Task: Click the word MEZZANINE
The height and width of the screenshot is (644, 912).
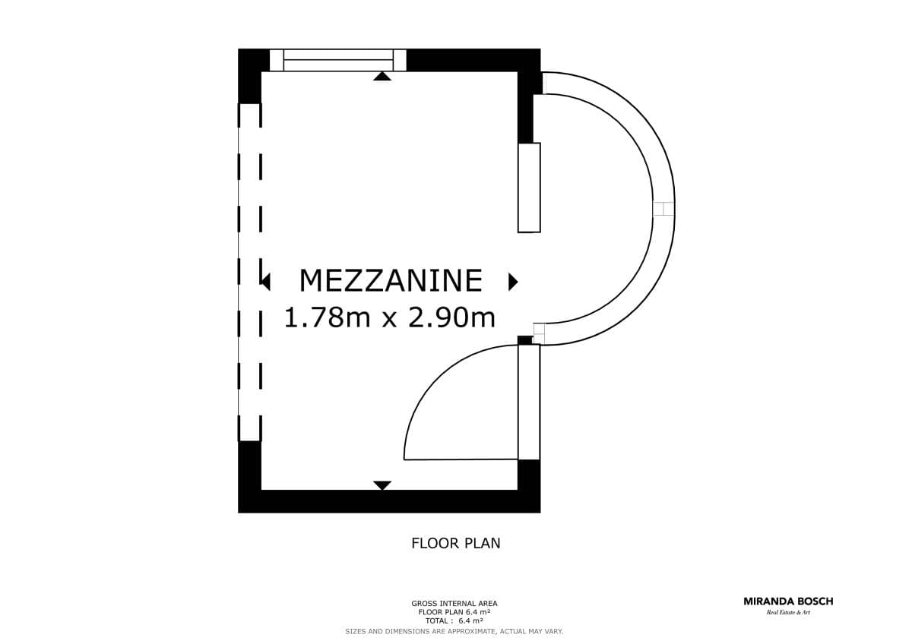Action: click(x=391, y=280)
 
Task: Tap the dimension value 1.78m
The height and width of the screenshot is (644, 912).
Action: click(x=327, y=317)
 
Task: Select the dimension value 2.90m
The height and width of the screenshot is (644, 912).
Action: click(x=452, y=317)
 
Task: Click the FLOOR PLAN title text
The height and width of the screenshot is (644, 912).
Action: click(x=455, y=543)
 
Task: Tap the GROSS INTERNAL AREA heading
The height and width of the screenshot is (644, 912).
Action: click(x=454, y=603)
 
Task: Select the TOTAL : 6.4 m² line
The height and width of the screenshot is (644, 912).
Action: click(x=454, y=620)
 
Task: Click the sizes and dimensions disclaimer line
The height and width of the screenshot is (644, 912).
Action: click(x=454, y=631)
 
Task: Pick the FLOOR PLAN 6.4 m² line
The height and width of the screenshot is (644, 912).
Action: click(x=454, y=612)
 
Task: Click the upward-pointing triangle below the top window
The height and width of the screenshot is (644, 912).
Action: click(x=382, y=76)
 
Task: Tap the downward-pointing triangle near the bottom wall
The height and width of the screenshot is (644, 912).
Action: click(x=382, y=485)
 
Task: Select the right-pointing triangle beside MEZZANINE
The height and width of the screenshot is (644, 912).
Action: click(x=513, y=282)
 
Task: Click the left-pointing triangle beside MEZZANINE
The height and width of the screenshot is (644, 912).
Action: click(x=265, y=282)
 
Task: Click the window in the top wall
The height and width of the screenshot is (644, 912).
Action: click(x=338, y=60)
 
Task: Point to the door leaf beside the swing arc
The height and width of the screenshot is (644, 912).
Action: click(x=529, y=402)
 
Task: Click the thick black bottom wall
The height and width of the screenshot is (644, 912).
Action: click(x=389, y=501)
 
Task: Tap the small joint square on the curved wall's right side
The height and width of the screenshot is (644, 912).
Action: click(x=663, y=209)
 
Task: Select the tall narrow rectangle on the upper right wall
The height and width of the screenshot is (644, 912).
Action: click(x=529, y=188)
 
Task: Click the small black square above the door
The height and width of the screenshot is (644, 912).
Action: click(x=525, y=340)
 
